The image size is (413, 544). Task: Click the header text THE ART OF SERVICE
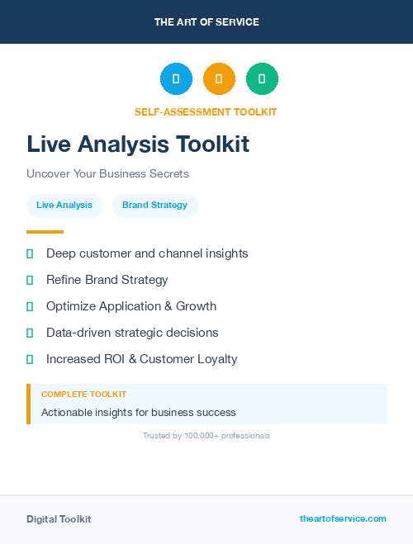tap(206, 22)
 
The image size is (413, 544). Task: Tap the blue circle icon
tap(176, 79)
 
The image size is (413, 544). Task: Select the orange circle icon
tap(219, 79)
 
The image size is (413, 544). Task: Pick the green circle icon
tap(263, 79)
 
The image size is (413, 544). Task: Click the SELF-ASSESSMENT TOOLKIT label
tap(206, 112)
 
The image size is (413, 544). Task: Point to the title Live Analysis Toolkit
tap(138, 144)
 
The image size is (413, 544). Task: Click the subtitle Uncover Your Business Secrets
tap(107, 174)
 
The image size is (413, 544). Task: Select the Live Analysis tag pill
tap(64, 206)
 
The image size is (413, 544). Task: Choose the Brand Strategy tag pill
tap(154, 206)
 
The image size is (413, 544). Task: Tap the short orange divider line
tap(45, 232)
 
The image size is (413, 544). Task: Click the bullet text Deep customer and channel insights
tap(147, 253)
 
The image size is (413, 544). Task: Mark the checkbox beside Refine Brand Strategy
tap(30, 281)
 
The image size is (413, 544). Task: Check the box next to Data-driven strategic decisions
tap(30, 333)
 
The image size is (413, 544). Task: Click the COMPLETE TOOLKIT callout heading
tap(83, 395)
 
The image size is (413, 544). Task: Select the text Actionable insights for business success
tap(138, 412)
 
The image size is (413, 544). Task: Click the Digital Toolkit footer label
tap(59, 519)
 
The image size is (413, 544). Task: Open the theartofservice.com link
tap(343, 518)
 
